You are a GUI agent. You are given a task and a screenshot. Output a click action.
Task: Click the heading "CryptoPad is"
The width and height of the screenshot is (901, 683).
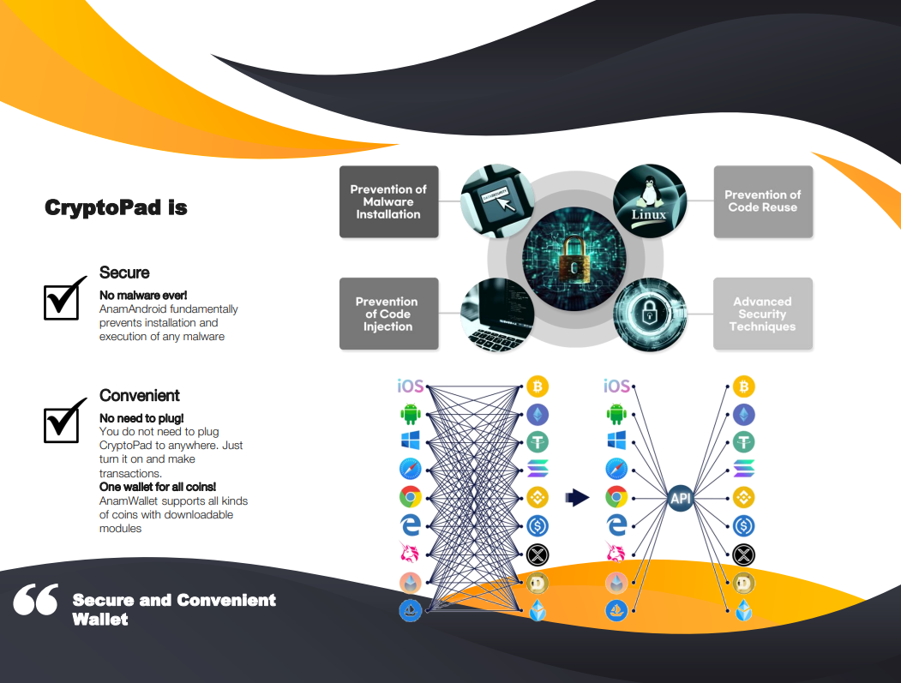pos(116,207)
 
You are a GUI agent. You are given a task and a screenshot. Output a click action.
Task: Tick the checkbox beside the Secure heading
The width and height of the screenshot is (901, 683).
pos(63,298)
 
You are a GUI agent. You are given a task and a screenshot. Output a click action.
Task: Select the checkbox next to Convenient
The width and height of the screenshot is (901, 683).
pos(63,421)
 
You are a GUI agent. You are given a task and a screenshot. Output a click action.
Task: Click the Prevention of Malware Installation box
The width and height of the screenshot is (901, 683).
pos(388,201)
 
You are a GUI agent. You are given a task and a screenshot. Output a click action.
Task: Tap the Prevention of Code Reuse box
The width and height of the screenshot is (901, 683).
pos(762,201)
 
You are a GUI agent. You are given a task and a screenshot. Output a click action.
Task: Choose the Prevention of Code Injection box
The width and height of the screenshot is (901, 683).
pos(388,314)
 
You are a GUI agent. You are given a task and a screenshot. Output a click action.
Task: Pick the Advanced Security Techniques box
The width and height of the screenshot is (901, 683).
pos(762,314)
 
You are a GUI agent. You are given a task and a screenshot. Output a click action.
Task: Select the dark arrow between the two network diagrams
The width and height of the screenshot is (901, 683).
pos(579,498)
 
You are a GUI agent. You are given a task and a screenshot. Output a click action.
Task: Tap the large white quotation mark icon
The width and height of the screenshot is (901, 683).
pos(36,600)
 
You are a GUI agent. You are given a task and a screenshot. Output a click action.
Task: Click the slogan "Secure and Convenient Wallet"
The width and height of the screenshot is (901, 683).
pos(174,608)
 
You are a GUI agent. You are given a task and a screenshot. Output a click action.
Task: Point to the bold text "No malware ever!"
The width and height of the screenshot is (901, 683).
pos(143,296)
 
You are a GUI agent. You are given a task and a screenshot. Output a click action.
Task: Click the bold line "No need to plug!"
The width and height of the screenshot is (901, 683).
pos(141,418)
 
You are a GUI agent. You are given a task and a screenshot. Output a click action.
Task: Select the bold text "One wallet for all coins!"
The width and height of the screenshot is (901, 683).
pos(158,487)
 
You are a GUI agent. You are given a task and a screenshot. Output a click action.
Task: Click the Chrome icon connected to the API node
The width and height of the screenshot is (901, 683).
pos(616,497)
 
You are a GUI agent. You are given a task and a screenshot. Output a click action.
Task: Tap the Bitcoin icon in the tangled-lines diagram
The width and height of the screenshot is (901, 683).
pos(538,386)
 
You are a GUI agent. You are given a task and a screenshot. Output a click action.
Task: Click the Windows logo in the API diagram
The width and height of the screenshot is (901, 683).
pos(616,441)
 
